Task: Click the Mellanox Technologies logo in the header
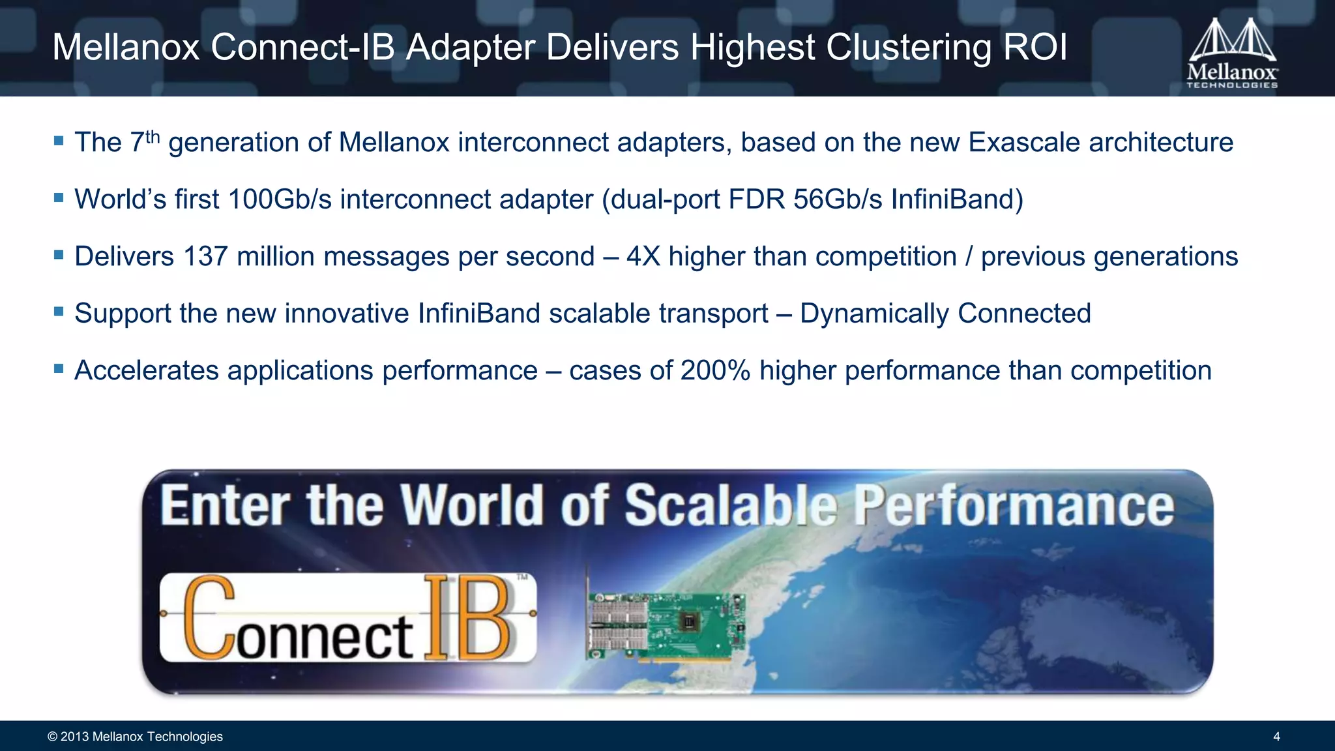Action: pos(1232,53)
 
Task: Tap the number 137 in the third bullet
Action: pos(205,256)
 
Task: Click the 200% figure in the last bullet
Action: pos(715,370)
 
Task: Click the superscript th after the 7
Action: pos(153,137)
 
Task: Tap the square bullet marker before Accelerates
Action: pos(59,369)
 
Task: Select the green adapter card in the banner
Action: pos(666,626)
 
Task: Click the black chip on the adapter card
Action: pos(688,621)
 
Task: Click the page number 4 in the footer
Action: pos(1276,737)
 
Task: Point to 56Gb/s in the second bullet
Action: pos(838,199)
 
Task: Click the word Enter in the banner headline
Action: pos(226,505)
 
